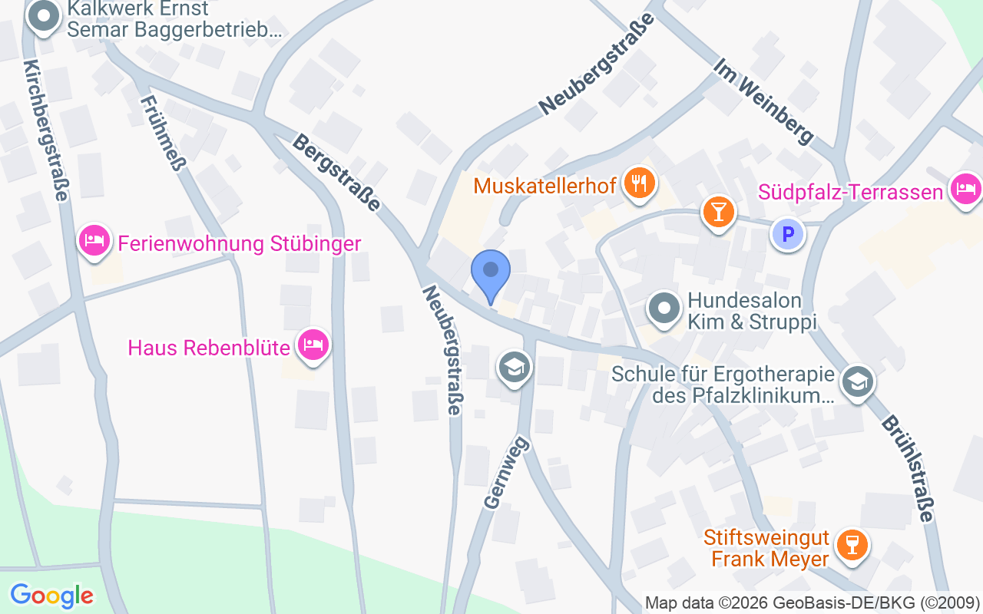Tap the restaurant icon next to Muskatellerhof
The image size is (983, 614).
point(639,183)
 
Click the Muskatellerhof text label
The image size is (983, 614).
point(544,186)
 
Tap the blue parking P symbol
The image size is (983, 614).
point(787,234)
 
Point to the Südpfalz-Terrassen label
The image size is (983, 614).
point(850,191)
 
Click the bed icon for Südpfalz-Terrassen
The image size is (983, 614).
point(965,188)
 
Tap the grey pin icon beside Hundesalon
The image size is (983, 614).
point(664,309)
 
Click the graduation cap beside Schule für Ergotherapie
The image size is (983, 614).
point(857,381)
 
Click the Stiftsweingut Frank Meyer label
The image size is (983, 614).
point(770,548)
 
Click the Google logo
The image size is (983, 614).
point(51,596)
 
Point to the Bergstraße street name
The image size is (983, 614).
point(337,173)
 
